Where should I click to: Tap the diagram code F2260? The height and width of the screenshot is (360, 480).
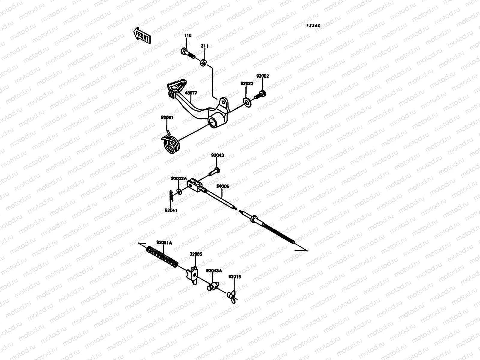313,26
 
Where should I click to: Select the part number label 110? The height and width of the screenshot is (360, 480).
187,36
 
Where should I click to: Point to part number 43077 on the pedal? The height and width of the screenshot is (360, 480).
191,93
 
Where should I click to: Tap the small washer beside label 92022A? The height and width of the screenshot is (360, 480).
179,191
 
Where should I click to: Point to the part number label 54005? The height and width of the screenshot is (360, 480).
223,186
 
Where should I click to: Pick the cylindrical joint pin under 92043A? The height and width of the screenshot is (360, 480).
212,286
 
